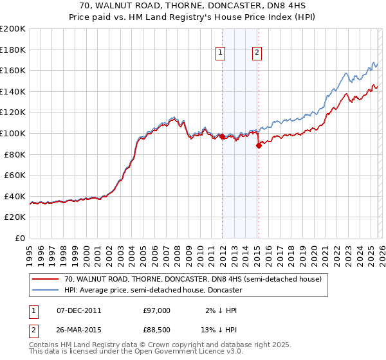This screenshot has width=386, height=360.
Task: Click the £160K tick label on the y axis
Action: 13,70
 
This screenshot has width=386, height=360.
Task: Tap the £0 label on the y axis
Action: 20,238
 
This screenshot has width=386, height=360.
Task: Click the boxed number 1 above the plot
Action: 221,53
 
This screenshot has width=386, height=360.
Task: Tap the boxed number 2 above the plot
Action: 257,53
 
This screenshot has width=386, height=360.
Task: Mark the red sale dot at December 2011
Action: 222,136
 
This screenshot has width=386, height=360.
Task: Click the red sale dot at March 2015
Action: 259,145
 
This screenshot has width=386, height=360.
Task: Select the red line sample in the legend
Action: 46,279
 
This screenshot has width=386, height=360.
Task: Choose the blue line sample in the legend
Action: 46,290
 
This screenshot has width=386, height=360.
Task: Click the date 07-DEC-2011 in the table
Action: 79,310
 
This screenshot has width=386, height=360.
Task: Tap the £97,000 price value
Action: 156,310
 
